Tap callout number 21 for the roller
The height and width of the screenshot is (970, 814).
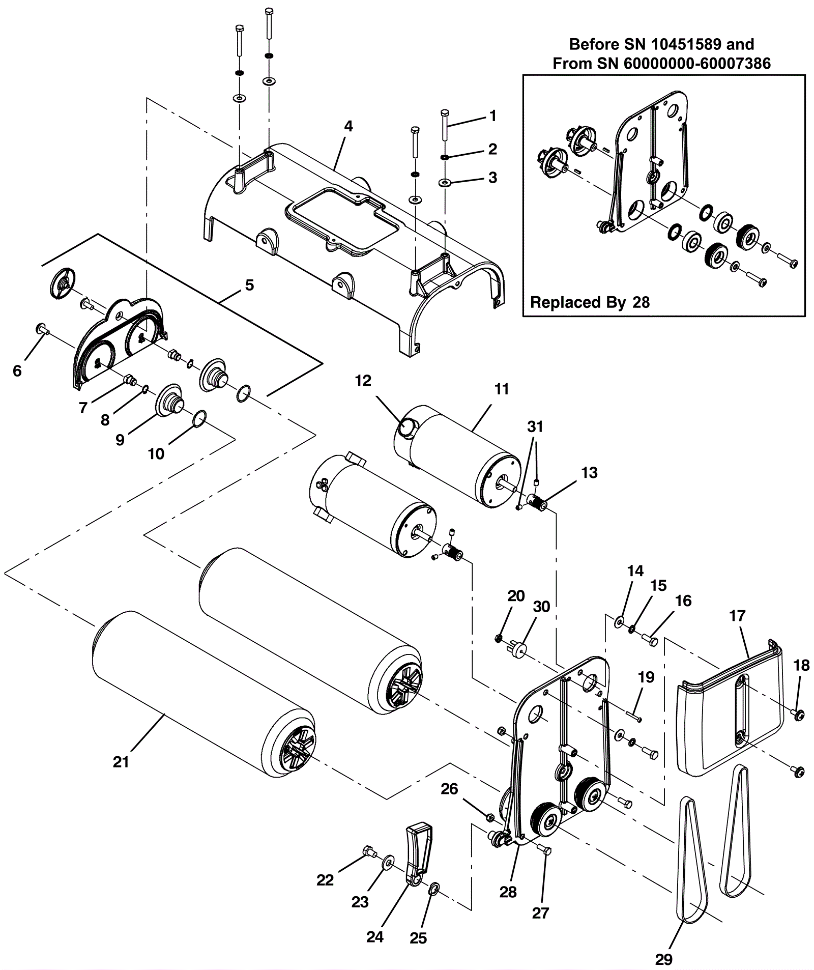121,761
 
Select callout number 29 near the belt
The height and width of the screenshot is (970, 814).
663,959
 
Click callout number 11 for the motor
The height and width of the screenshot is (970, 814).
502,389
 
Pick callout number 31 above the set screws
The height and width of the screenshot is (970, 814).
535,426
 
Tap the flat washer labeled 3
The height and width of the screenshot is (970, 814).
446,182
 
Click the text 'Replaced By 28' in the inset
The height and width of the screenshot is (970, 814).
590,302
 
